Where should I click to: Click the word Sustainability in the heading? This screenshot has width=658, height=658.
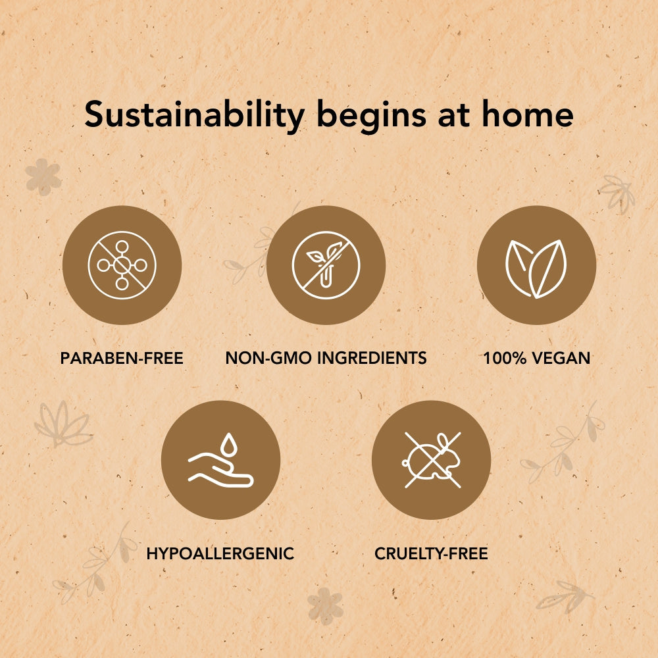tap(194, 115)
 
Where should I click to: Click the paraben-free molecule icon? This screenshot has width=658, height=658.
tap(122, 265)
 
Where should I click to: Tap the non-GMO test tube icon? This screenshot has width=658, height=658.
tap(326, 265)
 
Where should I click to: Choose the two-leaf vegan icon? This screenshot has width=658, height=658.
tap(536, 268)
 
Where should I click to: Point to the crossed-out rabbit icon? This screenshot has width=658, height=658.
tap(432, 461)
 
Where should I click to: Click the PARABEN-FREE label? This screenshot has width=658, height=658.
tap(122, 358)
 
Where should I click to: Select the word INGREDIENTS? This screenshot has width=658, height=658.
tap(372, 358)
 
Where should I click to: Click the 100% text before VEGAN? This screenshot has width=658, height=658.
tap(505, 358)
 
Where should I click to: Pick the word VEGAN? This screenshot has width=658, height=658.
tap(561, 358)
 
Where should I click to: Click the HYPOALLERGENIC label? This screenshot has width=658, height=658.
tap(220, 553)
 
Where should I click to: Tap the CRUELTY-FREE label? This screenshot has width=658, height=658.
tap(432, 553)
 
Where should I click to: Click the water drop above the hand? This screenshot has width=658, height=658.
tap(229, 444)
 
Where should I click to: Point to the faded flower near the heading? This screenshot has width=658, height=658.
tap(43, 176)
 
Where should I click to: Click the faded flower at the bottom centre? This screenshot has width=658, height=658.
tap(325, 605)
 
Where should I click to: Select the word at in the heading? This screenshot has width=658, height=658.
tap(453, 116)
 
